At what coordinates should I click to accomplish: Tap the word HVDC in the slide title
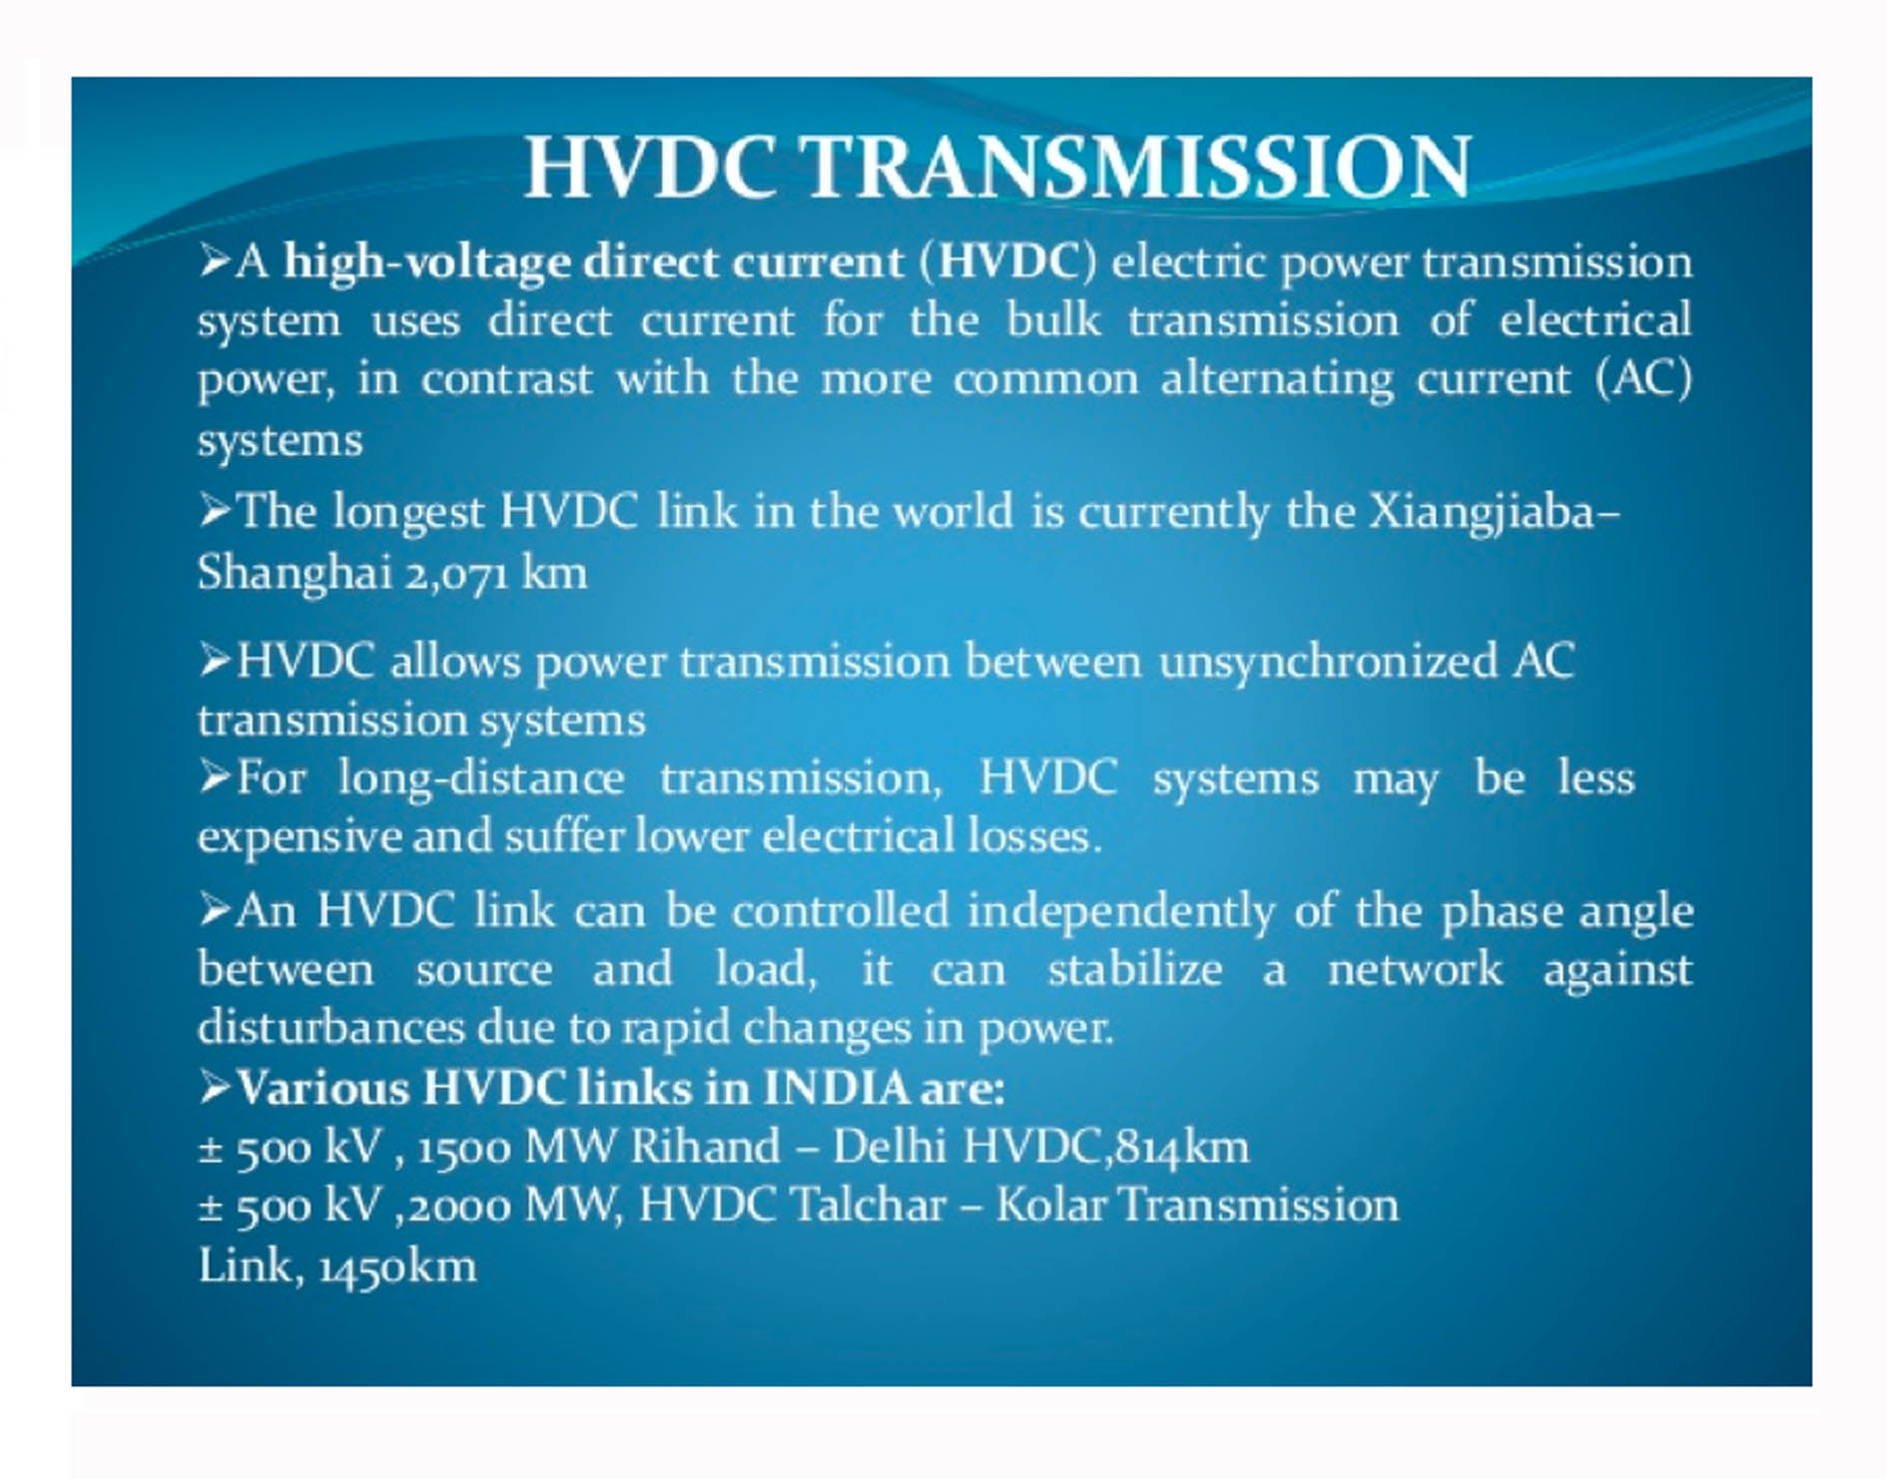pos(651,167)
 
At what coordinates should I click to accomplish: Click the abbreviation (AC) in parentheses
pos(1642,378)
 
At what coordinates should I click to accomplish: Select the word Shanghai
pos(295,573)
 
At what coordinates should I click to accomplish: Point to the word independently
pos(1120,912)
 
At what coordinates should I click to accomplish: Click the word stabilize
pos(1134,969)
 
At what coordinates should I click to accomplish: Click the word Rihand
pos(705,1146)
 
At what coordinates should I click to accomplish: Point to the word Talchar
pos(867,1205)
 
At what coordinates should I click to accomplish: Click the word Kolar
pos(1050,1205)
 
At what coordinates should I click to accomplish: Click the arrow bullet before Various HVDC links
pos(216,1087)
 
